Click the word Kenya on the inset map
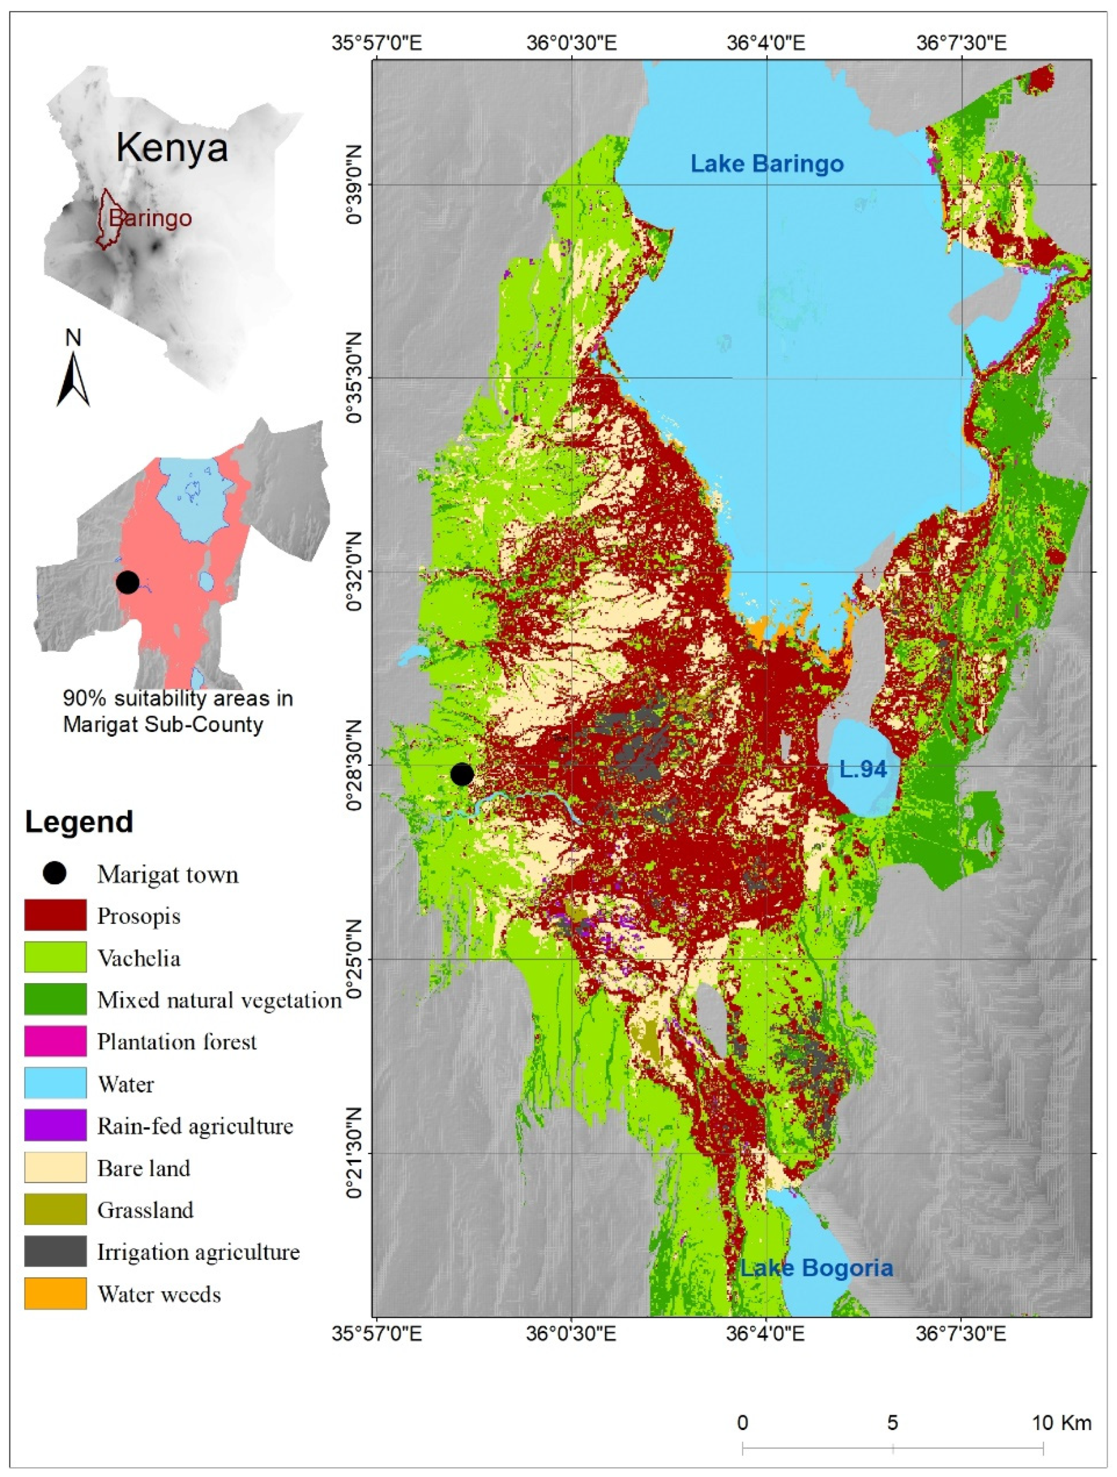pos(172,148)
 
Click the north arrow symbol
pos(73,377)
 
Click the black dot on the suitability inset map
pos(127,582)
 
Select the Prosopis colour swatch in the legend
pos(55,915)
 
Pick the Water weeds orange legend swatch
pos(55,1293)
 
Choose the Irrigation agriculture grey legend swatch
pos(55,1251)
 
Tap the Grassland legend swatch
pos(55,1209)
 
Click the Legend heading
pos(79,822)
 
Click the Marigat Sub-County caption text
pos(163,724)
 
